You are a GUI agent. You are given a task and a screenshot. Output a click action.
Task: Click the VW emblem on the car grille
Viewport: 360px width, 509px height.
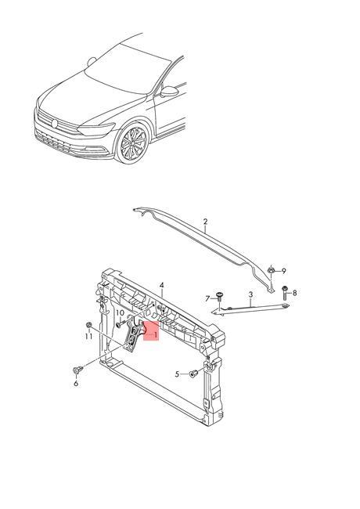coord(55,122)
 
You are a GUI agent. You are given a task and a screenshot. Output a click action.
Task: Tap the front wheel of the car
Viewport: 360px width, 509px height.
coord(130,144)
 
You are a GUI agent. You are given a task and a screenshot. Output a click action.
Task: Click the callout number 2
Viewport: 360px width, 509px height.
coord(205,222)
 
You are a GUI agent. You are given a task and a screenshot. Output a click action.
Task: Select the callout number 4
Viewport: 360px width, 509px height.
coord(161,285)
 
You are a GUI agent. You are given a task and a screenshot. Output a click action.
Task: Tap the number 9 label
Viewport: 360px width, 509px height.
coord(284,269)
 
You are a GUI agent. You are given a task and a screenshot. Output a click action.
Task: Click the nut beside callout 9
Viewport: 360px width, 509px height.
coord(270,270)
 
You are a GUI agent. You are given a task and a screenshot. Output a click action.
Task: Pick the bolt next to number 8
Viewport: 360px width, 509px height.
coord(285,294)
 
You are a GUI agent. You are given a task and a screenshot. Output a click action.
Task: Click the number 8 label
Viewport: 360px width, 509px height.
coord(295,293)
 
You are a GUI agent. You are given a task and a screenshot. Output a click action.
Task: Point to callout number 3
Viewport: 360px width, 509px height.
coord(250,295)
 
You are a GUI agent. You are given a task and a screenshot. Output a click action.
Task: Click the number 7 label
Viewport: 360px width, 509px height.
coord(209,298)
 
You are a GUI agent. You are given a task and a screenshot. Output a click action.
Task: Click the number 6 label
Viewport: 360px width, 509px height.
coord(76,383)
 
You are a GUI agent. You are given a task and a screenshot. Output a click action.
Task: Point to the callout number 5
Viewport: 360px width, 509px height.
coord(178,374)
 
